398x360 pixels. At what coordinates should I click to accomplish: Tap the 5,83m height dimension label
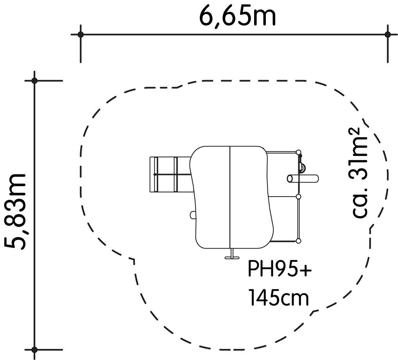[15, 211]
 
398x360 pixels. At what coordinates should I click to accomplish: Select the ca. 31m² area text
[360, 172]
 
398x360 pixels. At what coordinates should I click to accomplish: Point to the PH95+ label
[280, 269]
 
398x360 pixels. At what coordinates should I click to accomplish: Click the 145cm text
[279, 297]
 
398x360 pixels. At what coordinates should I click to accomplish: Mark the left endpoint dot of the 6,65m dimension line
[81, 34]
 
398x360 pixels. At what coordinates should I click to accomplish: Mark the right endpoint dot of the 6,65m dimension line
[387, 34]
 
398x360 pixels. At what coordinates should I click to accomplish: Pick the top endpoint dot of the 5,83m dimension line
[34, 81]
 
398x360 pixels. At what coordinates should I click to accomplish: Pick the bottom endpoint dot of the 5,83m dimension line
[34, 349]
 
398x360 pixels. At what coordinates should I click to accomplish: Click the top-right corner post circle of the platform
[299, 152]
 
